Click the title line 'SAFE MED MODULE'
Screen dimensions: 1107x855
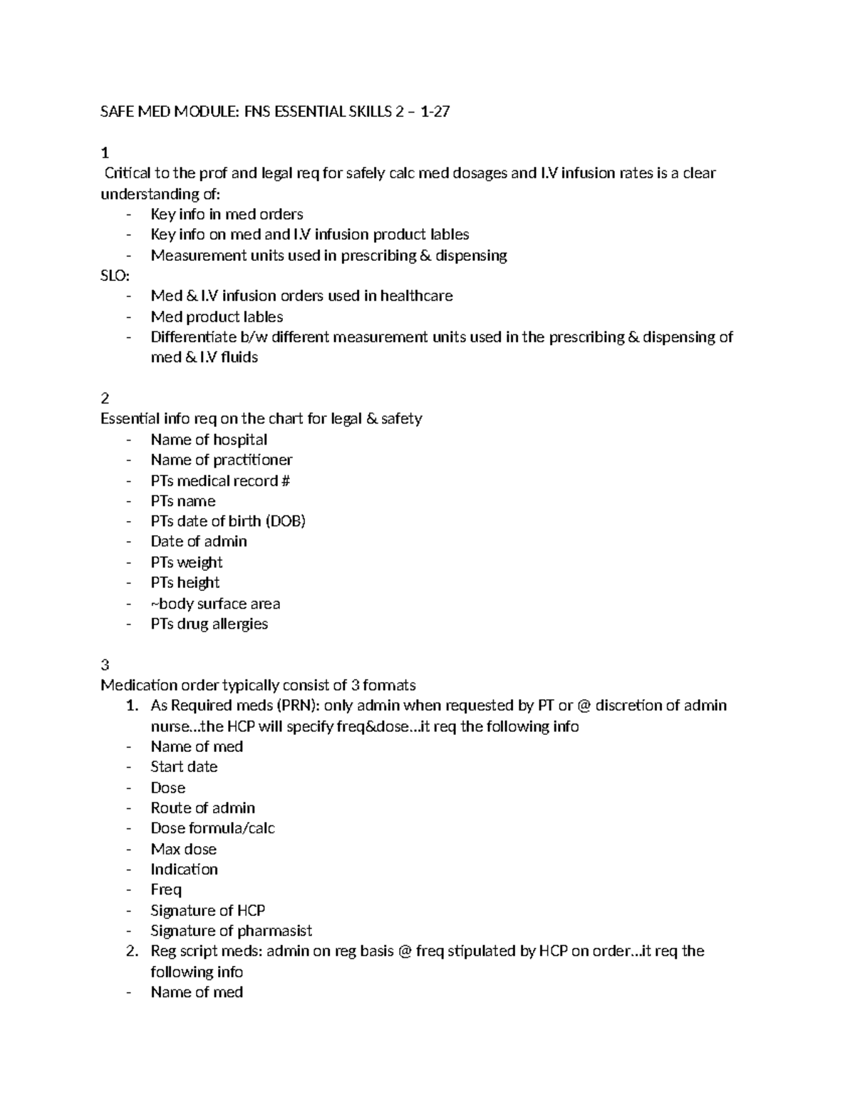coord(275,112)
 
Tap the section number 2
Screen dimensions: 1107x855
coord(105,398)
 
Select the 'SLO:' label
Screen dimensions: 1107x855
coord(115,275)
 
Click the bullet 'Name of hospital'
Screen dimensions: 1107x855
coord(209,440)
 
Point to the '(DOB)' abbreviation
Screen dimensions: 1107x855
coord(285,521)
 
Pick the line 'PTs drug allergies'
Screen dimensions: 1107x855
coord(209,624)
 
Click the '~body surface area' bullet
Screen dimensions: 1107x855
coord(215,604)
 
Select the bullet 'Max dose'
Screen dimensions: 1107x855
coord(183,849)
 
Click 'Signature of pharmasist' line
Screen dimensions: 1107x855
coord(231,931)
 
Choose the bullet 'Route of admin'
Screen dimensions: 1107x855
coord(202,808)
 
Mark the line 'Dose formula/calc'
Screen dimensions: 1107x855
coord(212,828)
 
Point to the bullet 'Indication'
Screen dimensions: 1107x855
coord(184,870)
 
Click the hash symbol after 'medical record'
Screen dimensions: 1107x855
coord(286,481)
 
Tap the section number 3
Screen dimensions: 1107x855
coord(105,665)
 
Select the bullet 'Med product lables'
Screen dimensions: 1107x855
coord(217,316)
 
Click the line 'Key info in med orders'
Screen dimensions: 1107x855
coord(227,215)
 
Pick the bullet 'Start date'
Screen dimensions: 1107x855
coord(184,767)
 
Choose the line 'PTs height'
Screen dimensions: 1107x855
coord(185,583)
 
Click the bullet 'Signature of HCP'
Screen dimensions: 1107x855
coord(207,911)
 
